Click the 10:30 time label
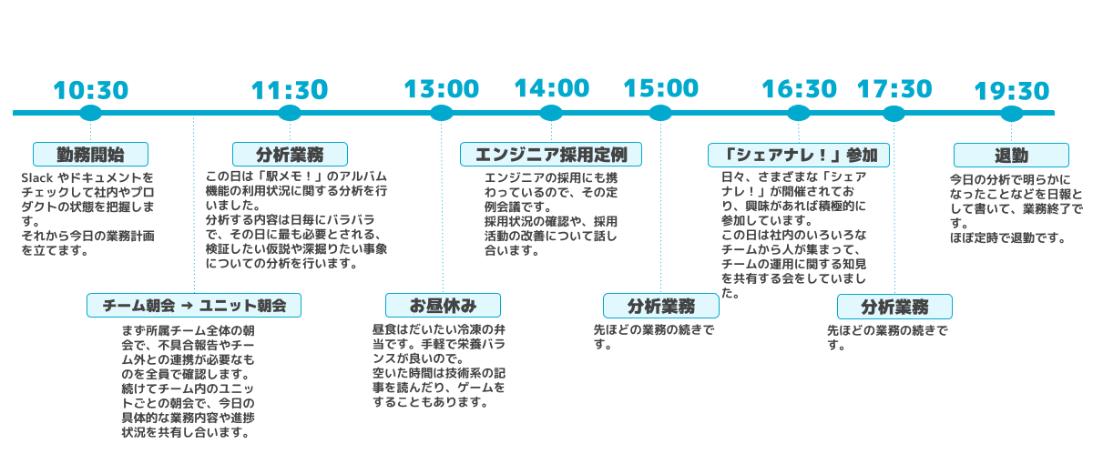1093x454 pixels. (90, 91)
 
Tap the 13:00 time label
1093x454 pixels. (441, 89)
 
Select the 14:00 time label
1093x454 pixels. (551, 88)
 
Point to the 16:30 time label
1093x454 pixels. (799, 89)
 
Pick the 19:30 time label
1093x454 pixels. (1011, 92)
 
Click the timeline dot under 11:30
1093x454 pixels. (290, 114)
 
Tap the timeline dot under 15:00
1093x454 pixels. (660, 114)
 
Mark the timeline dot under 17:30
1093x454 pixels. (894, 114)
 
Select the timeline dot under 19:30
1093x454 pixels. (1011, 114)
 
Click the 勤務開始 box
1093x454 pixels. (90, 154)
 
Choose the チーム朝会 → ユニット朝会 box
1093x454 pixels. (194, 306)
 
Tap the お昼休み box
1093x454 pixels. (443, 305)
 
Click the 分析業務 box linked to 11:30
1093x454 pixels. (290, 154)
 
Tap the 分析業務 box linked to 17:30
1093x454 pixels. (894, 306)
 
